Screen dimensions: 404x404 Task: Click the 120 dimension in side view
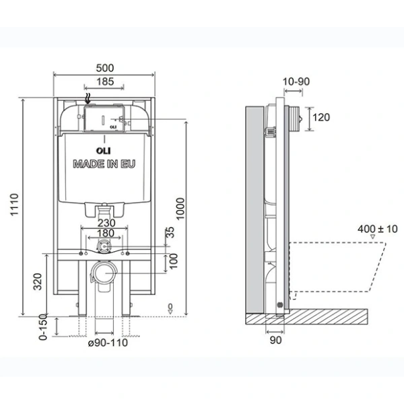(x=322, y=118)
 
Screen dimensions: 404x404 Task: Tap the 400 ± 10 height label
(x=378, y=229)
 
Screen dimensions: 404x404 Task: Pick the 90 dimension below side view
(x=275, y=340)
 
